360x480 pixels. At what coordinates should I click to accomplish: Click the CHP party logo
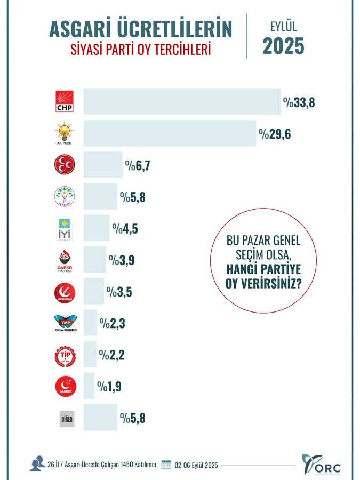[67, 101]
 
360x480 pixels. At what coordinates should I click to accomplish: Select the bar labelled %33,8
[181, 101]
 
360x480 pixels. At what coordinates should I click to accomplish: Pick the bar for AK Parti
[169, 133]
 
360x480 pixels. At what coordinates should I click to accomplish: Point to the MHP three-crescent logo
[66, 165]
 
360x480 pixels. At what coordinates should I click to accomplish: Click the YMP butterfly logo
[66, 323]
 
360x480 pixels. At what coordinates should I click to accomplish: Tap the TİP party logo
[66, 355]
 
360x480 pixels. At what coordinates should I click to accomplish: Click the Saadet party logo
[66, 386]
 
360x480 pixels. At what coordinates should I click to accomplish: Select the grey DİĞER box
[66, 419]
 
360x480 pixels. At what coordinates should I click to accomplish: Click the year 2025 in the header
[283, 46]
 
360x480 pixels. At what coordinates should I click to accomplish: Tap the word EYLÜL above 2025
[283, 26]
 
